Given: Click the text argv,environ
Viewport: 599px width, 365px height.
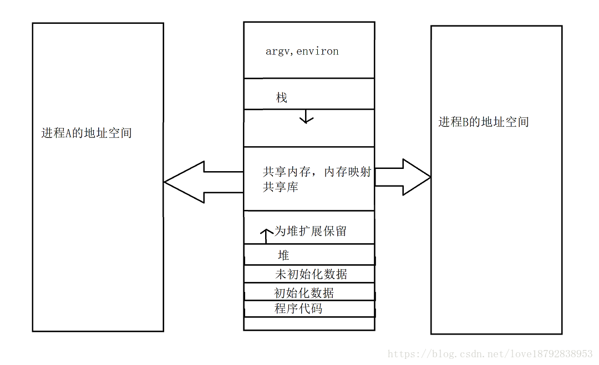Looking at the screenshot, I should coord(302,52).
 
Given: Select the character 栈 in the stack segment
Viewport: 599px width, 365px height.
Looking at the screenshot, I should coord(282,98).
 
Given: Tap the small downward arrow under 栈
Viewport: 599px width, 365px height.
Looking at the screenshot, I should coord(306,117).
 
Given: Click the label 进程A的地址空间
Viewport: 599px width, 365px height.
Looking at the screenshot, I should coord(87,133).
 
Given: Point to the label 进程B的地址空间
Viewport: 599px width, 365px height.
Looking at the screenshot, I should coord(484,122).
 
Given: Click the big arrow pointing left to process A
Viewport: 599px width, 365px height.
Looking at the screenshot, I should coord(202,182).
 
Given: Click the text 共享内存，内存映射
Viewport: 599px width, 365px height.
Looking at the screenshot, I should coord(317,172).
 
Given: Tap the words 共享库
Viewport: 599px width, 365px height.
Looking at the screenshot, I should coord(281,187).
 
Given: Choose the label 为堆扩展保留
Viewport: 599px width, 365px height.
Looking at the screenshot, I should coord(311,231).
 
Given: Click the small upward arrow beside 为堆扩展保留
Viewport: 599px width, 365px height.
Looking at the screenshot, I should coord(266,235).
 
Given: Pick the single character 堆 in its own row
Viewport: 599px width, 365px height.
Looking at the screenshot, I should coord(283,255).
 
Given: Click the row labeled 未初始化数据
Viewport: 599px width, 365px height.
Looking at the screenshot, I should coord(311,274).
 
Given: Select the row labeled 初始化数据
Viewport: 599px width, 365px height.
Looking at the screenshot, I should coord(304,292).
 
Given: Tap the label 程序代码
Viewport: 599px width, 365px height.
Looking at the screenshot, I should coord(298,309).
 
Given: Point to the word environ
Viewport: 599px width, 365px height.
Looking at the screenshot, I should coord(318,52).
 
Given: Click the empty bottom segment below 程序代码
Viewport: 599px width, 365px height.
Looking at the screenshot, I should coord(309,323).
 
